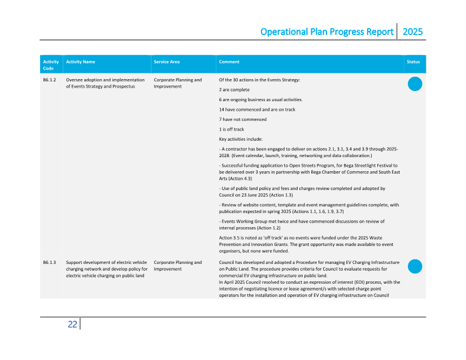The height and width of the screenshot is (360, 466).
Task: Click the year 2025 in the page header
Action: coord(412,32)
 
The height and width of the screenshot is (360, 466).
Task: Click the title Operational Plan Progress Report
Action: coord(326,32)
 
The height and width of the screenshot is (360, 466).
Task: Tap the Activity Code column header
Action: coord(50,65)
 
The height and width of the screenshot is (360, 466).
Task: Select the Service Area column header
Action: coord(167,62)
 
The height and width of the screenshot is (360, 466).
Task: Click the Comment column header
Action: coord(229,62)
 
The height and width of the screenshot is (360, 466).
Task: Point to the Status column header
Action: coord(413,62)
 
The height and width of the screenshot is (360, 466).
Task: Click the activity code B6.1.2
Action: coord(49,80)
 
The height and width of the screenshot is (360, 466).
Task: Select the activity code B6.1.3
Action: coord(49,262)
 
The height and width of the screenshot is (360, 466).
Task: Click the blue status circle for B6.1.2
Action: coord(415,84)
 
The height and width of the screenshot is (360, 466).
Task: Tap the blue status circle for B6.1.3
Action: coord(415,266)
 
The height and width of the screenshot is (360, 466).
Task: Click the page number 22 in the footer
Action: coord(72,324)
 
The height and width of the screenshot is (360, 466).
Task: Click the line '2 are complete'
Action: coord(234,90)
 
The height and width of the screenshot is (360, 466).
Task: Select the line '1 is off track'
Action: coord(232,129)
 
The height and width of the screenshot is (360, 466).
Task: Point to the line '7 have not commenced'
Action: coord(242,119)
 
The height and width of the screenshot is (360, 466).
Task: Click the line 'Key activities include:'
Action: coord(240,139)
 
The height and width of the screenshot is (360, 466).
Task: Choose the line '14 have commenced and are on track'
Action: coord(256,110)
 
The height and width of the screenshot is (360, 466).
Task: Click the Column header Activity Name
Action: coord(80,62)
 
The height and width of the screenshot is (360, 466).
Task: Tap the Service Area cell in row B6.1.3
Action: coord(177,266)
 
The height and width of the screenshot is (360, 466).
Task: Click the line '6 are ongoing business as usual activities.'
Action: coord(260,99)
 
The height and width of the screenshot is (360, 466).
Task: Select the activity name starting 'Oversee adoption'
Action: coord(105,83)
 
